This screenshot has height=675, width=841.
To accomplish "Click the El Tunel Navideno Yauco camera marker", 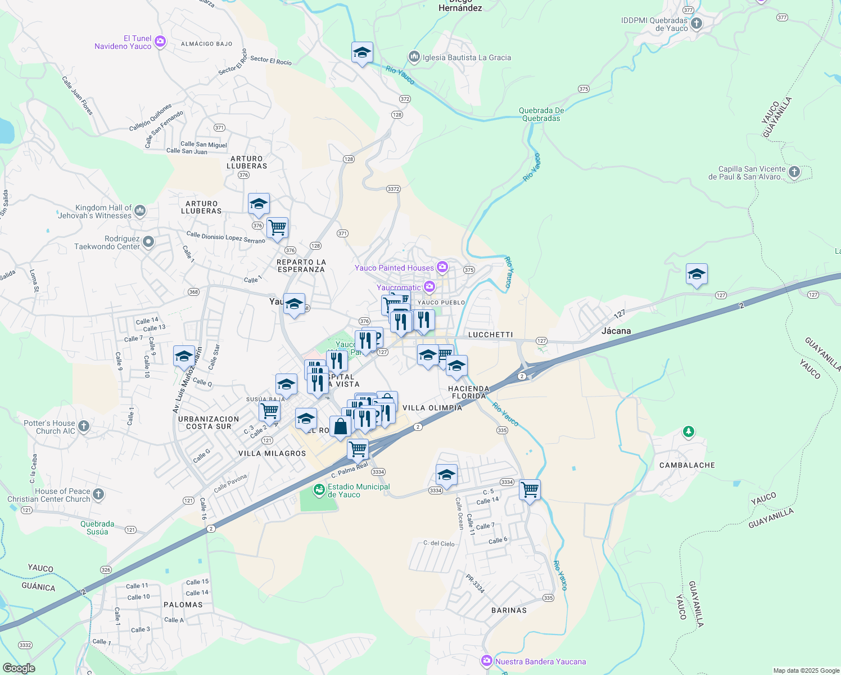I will click(160, 42).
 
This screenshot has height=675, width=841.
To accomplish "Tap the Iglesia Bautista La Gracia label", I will click(467, 57).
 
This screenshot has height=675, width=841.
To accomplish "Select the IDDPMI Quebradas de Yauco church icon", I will click(697, 24).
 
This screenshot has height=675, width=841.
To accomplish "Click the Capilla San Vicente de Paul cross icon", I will click(794, 172).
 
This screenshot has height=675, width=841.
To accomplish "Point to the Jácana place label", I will click(616, 331).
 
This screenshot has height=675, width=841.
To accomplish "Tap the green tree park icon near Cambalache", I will click(688, 432).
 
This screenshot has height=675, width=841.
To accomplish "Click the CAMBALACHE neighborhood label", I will click(687, 465).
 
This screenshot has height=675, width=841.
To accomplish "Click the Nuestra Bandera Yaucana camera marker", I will click(486, 661).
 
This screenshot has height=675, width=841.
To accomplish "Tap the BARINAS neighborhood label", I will click(509, 610).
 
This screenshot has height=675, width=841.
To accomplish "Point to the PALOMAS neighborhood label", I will click(183, 605).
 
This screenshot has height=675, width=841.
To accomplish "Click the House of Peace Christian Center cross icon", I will click(98, 494).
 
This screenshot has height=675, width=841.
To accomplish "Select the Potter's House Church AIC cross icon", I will click(84, 426).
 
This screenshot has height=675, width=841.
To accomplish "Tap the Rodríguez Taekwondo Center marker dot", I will click(148, 242).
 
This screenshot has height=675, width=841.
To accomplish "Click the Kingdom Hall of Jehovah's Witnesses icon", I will click(140, 211).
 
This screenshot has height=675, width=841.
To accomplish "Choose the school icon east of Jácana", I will click(697, 274).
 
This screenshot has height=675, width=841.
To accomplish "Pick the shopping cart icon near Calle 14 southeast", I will click(530, 490).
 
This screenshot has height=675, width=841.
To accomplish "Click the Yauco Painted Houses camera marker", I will click(442, 267).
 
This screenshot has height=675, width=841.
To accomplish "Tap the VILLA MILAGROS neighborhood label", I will click(272, 453).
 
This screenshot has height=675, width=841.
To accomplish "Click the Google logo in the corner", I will click(19, 668).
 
